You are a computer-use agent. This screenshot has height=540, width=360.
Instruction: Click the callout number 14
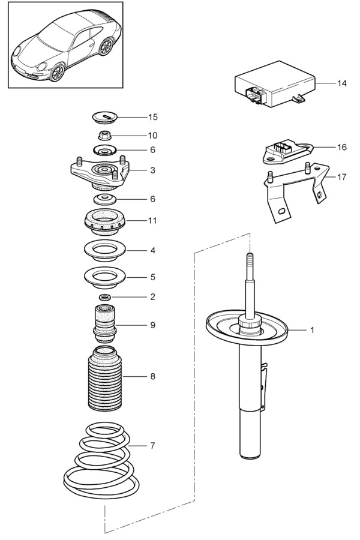point(342,83)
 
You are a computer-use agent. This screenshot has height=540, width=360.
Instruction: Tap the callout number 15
point(152,117)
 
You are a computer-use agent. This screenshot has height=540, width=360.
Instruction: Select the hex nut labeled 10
point(104,136)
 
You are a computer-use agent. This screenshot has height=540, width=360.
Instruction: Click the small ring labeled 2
point(105,297)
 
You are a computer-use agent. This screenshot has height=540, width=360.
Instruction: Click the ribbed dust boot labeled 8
point(105,379)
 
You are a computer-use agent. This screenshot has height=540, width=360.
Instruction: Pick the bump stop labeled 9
point(105,324)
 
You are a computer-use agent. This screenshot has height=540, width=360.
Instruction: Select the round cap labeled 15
point(106,117)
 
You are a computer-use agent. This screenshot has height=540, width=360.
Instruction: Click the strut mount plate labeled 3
point(100,172)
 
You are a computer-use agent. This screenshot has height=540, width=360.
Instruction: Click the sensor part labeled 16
point(287,152)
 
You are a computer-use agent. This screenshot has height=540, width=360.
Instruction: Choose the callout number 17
point(342,177)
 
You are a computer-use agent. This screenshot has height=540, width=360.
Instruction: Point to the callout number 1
point(312,330)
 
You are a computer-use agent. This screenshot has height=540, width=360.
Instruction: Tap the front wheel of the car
point(57,72)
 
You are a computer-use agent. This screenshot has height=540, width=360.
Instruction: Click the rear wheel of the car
point(106,46)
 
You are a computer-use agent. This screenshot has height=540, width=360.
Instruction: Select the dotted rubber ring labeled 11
point(105,223)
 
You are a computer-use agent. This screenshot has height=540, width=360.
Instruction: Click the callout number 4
point(152,250)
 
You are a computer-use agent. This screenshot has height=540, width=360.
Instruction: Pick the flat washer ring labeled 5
point(105,277)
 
